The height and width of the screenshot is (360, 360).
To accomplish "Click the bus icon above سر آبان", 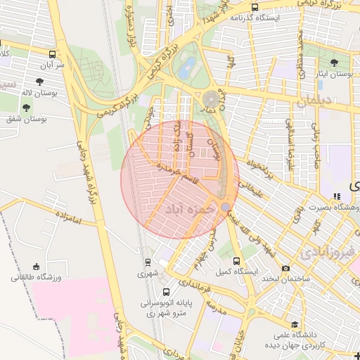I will pyautogui.click(x=53, y=54).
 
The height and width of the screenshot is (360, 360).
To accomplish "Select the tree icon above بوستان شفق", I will pyautogui.click(x=27, y=108).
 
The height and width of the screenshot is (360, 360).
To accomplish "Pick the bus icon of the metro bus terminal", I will pyautogui.click(x=166, y=292).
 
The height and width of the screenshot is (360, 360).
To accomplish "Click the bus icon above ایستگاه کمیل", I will pyautogui.click(x=243, y=259).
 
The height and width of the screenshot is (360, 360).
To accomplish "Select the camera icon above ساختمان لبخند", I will pyautogui.click(x=285, y=268).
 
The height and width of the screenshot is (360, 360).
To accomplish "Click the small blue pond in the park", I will pyautogui.click(x=186, y=69).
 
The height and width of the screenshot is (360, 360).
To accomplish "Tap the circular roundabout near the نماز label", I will pyautogui.click(x=211, y=98).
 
